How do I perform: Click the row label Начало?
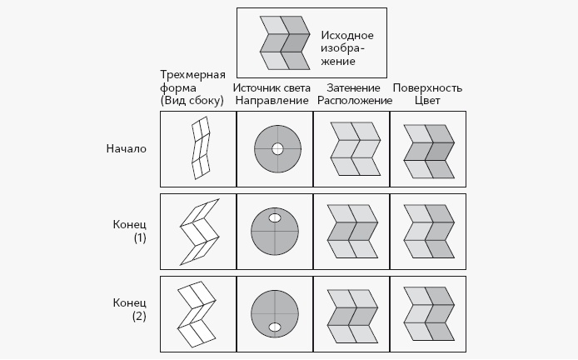click(x=126, y=149)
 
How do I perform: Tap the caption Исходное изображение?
click(x=346, y=48)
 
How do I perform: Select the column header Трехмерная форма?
click(x=192, y=93)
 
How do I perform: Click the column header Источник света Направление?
click(x=272, y=94)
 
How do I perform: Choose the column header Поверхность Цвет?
click(x=427, y=94)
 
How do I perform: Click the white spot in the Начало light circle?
click(x=278, y=149)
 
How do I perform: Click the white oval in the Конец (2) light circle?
click(x=275, y=326)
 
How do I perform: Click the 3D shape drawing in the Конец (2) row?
click(x=198, y=312)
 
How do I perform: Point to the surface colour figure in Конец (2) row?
click(x=429, y=312)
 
